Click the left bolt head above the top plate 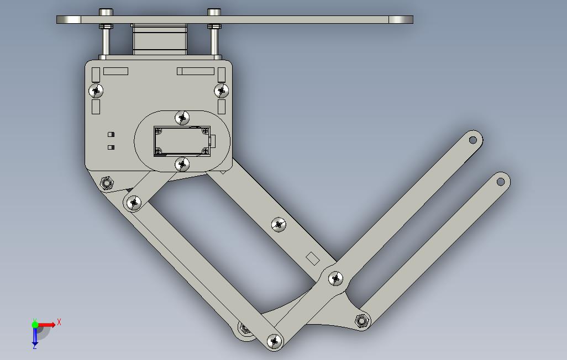point(106,12)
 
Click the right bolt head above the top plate point(214,12)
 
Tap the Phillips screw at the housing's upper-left point(96,90)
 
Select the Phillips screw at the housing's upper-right point(221,90)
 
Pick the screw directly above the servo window point(182,118)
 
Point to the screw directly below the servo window point(182,164)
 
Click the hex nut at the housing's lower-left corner point(107,183)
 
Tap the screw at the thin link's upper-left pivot point(133,203)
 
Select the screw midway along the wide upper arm point(279,224)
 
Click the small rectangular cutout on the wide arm point(313,258)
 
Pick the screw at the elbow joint point(335,279)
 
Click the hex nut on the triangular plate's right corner point(362,320)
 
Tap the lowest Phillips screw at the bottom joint point(274,342)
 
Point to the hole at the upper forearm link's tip point(473,140)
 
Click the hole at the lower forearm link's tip point(501,181)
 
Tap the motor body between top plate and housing point(159,40)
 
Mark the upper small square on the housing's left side point(111,134)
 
